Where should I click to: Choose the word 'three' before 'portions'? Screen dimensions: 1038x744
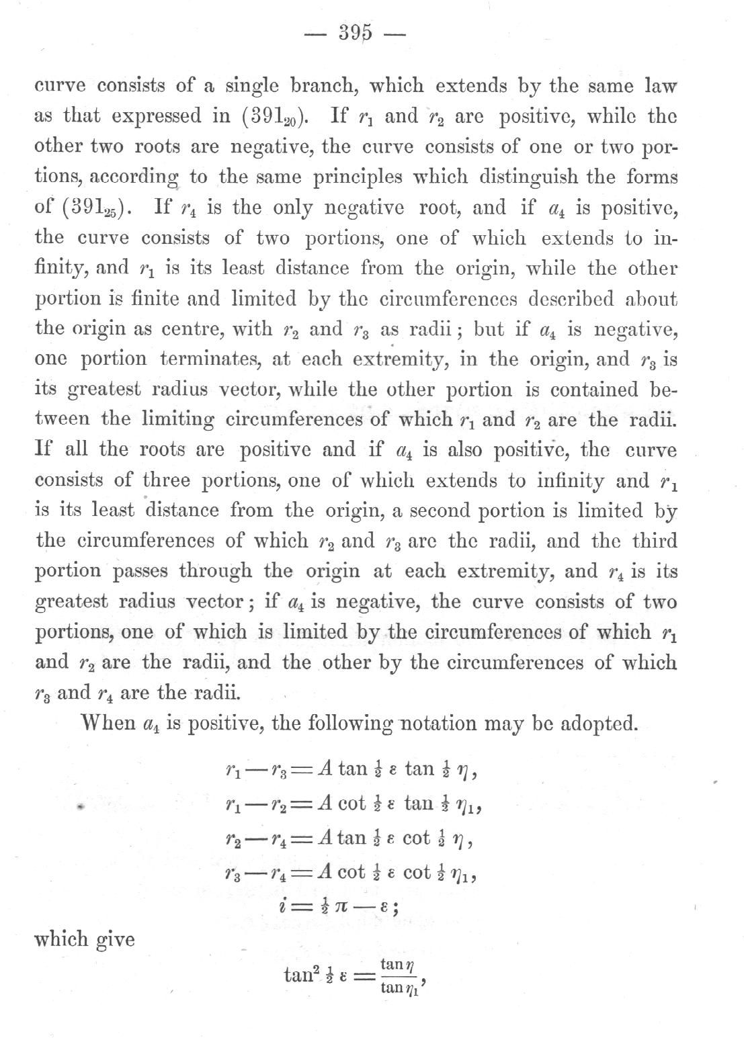[x=167, y=480]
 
